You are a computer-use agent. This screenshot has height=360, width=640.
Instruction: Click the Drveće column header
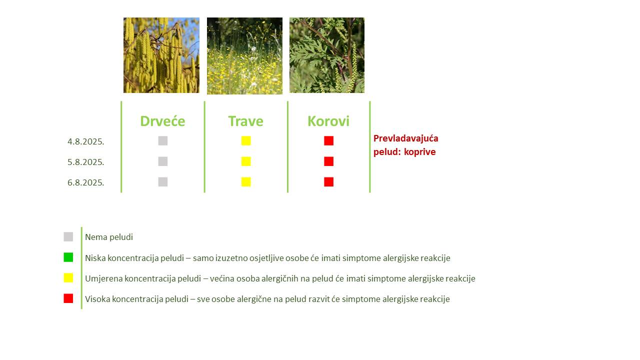tap(162, 121)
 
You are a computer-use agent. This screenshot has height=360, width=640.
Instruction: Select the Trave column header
tap(245, 121)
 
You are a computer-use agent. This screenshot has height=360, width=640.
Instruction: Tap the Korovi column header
tap(328, 121)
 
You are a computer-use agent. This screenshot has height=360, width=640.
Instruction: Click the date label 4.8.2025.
tap(85, 141)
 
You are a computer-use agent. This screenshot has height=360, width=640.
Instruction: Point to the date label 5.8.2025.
tap(85, 162)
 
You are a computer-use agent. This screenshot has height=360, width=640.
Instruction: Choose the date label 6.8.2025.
tap(85, 182)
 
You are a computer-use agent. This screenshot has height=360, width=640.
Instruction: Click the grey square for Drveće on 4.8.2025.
tap(163, 141)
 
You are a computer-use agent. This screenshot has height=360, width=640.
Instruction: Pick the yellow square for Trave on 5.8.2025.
tap(246, 161)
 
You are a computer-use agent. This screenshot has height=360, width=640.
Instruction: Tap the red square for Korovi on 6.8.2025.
tap(329, 182)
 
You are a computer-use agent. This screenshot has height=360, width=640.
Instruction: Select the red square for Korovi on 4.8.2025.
tap(329, 141)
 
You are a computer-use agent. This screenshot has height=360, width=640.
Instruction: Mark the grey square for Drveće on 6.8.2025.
tap(163, 182)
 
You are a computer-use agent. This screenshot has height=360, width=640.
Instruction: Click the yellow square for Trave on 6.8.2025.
tap(246, 182)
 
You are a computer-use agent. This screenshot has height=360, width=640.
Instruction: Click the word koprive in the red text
tap(419, 152)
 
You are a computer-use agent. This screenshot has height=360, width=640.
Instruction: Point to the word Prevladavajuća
tap(405, 138)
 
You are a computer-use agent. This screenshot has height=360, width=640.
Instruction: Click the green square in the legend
tap(68, 257)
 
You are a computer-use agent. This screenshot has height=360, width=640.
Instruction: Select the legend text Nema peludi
tap(109, 237)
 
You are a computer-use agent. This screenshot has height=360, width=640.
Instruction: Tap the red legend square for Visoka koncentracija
tap(68, 298)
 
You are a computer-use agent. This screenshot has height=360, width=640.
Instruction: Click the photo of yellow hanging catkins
tap(161, 55)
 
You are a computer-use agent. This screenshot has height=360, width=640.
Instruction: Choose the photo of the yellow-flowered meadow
tap(244, 55)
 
